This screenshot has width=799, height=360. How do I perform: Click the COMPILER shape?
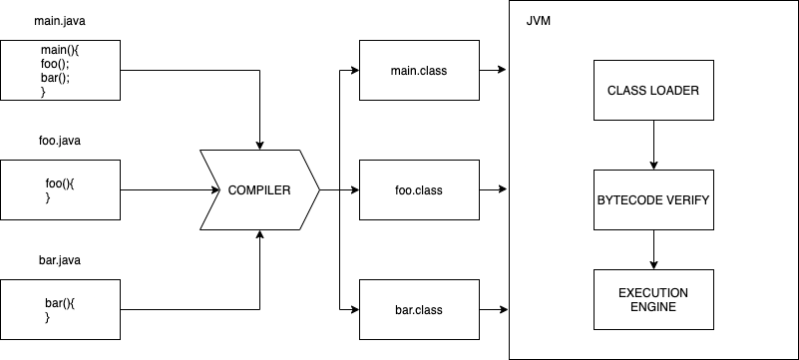(259, 189)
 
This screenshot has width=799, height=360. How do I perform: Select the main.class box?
(419, 71)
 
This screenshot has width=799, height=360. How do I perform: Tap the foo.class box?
(419, 189)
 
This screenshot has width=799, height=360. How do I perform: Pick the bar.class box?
(419, 309)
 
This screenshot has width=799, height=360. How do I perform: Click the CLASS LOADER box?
(653, 91)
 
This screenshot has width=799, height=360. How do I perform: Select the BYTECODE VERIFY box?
(653, 199)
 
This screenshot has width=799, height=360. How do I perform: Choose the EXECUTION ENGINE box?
(653, 300)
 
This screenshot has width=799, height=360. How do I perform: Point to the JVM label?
(539, 20)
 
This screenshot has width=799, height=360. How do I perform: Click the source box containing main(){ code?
(60, 71)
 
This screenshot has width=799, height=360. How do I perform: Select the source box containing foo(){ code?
(60, 190)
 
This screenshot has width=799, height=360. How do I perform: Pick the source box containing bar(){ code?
(60, 309)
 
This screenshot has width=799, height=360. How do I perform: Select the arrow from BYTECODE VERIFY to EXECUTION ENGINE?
(653, 249)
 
